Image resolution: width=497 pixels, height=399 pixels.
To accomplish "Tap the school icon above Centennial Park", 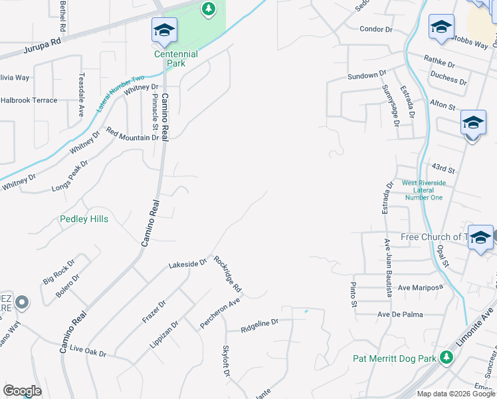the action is pos(164,30).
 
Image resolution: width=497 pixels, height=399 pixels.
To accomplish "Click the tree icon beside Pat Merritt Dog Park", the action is pos(447,358).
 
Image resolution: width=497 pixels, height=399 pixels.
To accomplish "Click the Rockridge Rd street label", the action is pos(227,274).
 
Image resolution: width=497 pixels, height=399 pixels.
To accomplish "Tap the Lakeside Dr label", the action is pos(187,263).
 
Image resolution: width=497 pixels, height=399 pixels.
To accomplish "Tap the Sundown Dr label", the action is pos(367,76).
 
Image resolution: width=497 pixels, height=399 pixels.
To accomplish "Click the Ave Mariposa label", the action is pos(420,287).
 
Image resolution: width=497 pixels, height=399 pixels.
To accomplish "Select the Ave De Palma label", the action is pos(401,314).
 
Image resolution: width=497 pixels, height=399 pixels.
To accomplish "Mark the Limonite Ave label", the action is pos(476,326).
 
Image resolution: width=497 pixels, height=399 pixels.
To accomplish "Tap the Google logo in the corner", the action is pos(22,390).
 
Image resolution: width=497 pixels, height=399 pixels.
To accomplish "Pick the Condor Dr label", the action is pos(377,29).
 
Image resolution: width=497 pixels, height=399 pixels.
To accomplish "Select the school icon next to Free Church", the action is pos(480,237).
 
